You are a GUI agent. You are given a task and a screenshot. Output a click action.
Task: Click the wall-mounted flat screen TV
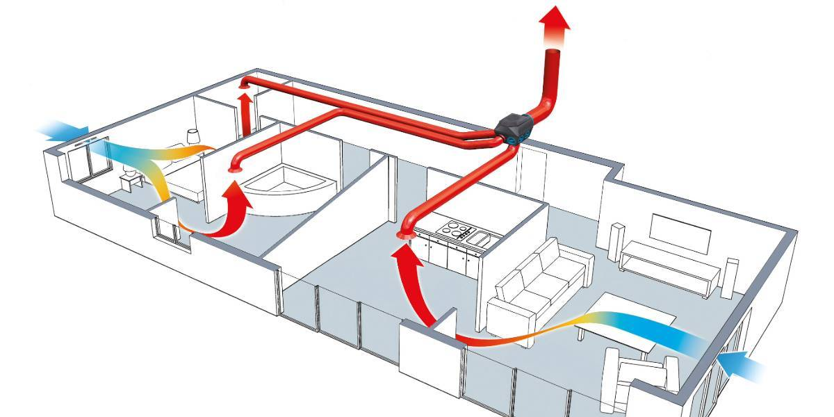(680, 233)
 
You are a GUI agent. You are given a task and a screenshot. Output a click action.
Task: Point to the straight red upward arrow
(245, 111)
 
